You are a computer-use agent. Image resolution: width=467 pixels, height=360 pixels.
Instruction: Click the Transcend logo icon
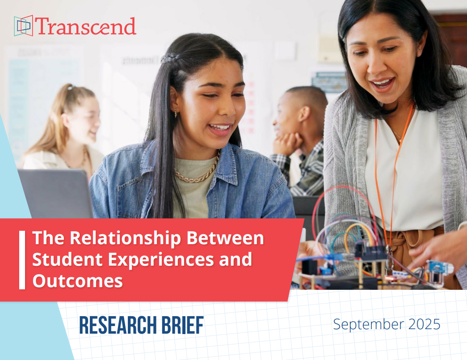point(23,25)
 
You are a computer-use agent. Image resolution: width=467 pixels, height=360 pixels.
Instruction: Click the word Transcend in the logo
point(86,26)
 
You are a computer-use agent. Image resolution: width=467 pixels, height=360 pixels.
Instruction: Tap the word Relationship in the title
point(126,238)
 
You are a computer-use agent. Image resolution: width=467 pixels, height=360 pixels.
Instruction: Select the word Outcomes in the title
point(77,281)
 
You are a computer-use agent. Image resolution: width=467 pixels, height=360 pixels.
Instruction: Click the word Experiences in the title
point(161,260)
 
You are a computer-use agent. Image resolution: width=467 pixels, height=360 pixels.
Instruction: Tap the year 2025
point(424,324)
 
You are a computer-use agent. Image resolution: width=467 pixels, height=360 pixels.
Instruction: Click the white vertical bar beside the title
point(22,260)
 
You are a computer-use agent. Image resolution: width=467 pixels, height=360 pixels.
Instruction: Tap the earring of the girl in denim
point(176,114)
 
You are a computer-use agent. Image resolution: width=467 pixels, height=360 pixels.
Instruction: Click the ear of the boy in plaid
point(304,113)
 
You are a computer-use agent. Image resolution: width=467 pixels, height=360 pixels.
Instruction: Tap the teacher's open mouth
point(383,84)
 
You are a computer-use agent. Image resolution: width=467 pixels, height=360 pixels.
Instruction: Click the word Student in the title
point(67,259)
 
